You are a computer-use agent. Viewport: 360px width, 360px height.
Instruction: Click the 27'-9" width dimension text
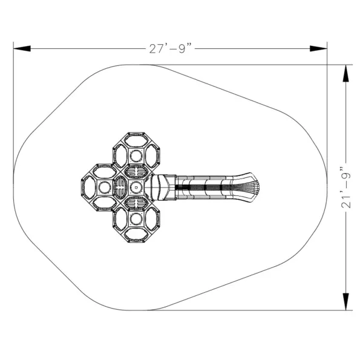click(x=171, y=48)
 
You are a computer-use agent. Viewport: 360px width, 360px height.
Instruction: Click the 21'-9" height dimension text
click(x=346, y=188)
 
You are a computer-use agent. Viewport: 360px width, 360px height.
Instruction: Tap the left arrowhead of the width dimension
click(x=22, y=48)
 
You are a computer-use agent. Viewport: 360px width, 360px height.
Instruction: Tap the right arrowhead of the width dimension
click(x=318, y=48)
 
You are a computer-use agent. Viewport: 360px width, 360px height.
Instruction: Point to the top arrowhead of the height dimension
click(x=345, y=73)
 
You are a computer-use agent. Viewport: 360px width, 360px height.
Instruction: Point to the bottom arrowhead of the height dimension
click(x=345, y=302)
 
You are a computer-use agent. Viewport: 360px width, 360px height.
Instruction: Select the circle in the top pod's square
click(x=136, y=156)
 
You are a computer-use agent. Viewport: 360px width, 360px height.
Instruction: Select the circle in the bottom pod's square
click(x=136, y=219)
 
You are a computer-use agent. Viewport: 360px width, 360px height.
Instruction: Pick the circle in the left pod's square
click(x=105, y=188)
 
